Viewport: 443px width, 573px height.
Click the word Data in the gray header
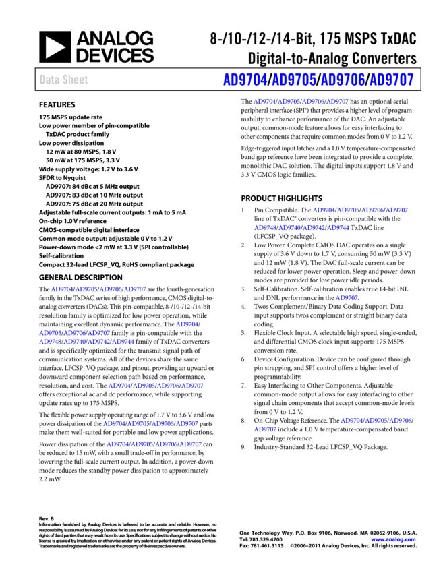click(x=49, y=80)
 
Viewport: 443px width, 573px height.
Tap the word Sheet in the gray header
click(x=75, y=80)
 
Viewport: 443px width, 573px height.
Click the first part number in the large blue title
click(x=245, y=80)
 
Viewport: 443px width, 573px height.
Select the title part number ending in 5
click(x=294, y=80)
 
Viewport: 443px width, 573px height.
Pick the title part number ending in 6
click(x=343, y=80)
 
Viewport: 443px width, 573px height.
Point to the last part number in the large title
click(x=391, y=80)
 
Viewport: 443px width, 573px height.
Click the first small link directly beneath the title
click(x=264, y=102)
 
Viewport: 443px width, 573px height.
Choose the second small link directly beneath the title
click(x=289, y=102)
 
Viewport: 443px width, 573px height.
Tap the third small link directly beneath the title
click(x=313, y=102)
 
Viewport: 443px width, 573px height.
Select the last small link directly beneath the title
click(x=337, y=102)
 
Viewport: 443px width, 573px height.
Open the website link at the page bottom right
click(x=393, y=539)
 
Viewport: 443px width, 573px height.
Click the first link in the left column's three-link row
click(x=50, y=332)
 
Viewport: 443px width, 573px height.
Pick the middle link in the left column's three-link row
click(x=74, y=332)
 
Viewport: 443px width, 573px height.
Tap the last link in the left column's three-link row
click(x=99, y=332)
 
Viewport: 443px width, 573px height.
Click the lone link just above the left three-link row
click(x=187, y=324)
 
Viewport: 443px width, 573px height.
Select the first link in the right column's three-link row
click(x=351, y=420)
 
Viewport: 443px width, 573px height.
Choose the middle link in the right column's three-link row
click(x=376, y=420)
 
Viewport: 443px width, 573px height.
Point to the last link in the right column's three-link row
click(x=400, y=420)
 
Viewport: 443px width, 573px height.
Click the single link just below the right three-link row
click(x=265, y=429)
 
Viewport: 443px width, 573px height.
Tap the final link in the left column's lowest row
click(x=191, y=444)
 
